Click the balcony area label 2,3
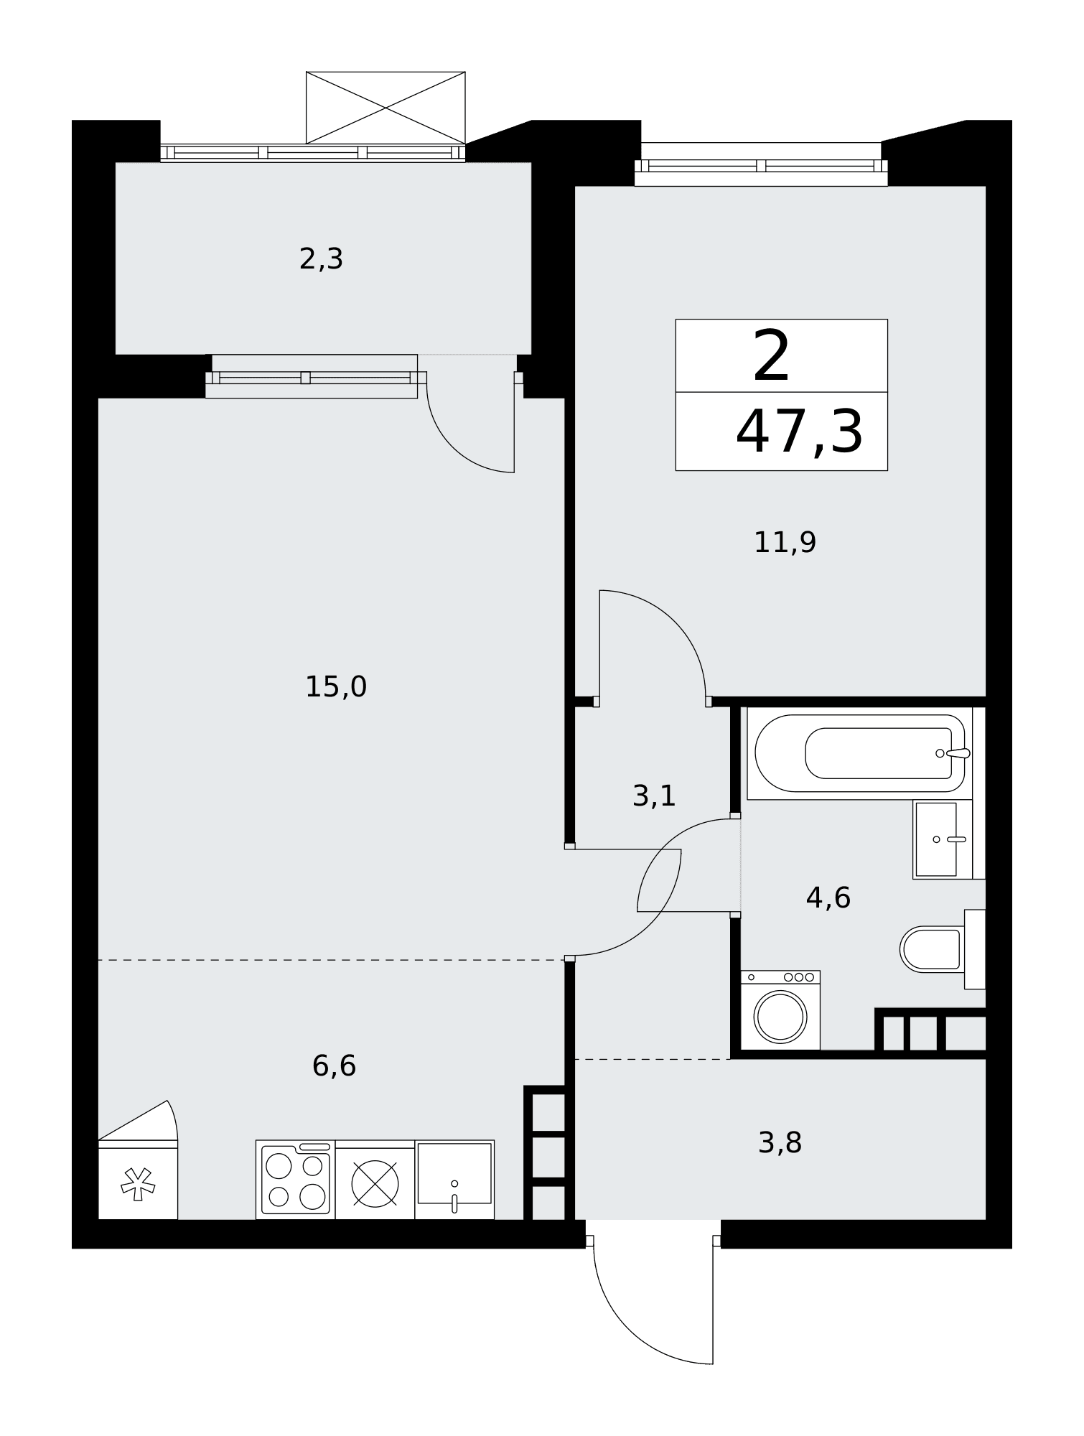click(321, 259)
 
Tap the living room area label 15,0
click(336, 687)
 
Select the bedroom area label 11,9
click(785, 542)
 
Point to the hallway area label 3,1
click(654, 796)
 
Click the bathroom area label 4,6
click(828, 897)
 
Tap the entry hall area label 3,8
click(780, 1142)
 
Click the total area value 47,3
click(799, 432)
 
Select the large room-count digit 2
click(772, 356)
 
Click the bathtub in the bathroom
click(859, 753)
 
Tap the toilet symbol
click(942, 949)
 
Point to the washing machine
click(780, 1010)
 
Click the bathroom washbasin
click(943, 839)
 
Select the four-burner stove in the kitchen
click(295, 1179)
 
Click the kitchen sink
click(454, 1179)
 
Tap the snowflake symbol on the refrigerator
click(138, 1184)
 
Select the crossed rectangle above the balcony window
click(386, 108)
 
